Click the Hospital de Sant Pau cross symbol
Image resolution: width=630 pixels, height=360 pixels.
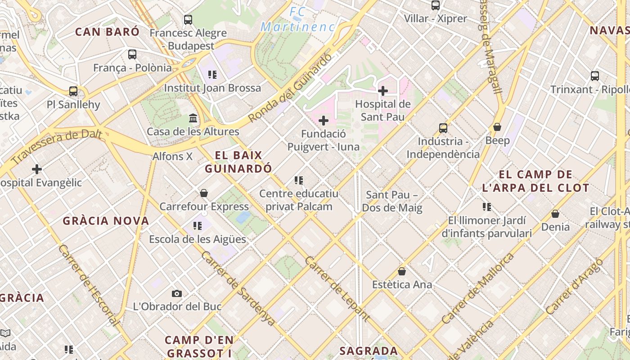coord(383,91)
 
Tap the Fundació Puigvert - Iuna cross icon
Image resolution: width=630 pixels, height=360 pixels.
coord(323,121)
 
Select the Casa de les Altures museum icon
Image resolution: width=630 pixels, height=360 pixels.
coord(193,118)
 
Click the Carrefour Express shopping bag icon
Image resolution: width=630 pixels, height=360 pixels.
coord(204,193)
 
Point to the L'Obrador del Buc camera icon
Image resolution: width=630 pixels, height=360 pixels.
coord(177,293)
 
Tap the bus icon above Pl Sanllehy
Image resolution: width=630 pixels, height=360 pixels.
coord(73,91)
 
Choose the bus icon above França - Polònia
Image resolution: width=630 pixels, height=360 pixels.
coord(132,54)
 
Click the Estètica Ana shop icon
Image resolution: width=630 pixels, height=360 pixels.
coord(402,271)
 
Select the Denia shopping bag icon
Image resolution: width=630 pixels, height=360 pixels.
coord(555,214)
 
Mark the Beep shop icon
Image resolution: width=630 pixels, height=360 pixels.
coord(497,127)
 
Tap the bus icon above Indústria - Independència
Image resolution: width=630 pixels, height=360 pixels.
coord(443,128)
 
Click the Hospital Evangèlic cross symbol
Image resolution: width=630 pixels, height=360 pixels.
coord(37,169)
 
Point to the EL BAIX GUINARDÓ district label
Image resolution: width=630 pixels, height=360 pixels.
coord(238,162)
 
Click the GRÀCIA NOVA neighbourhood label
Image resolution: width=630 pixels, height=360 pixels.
coord(106,221)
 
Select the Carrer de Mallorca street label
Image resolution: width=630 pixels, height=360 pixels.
coord(478,288)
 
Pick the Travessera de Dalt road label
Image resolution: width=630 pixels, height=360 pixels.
coord(57,147)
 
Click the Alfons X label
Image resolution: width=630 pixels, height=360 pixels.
coord(173,157)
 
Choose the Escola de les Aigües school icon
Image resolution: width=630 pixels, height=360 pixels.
coord(198,226)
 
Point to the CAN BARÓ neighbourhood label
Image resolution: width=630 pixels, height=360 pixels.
coord(107,31)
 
